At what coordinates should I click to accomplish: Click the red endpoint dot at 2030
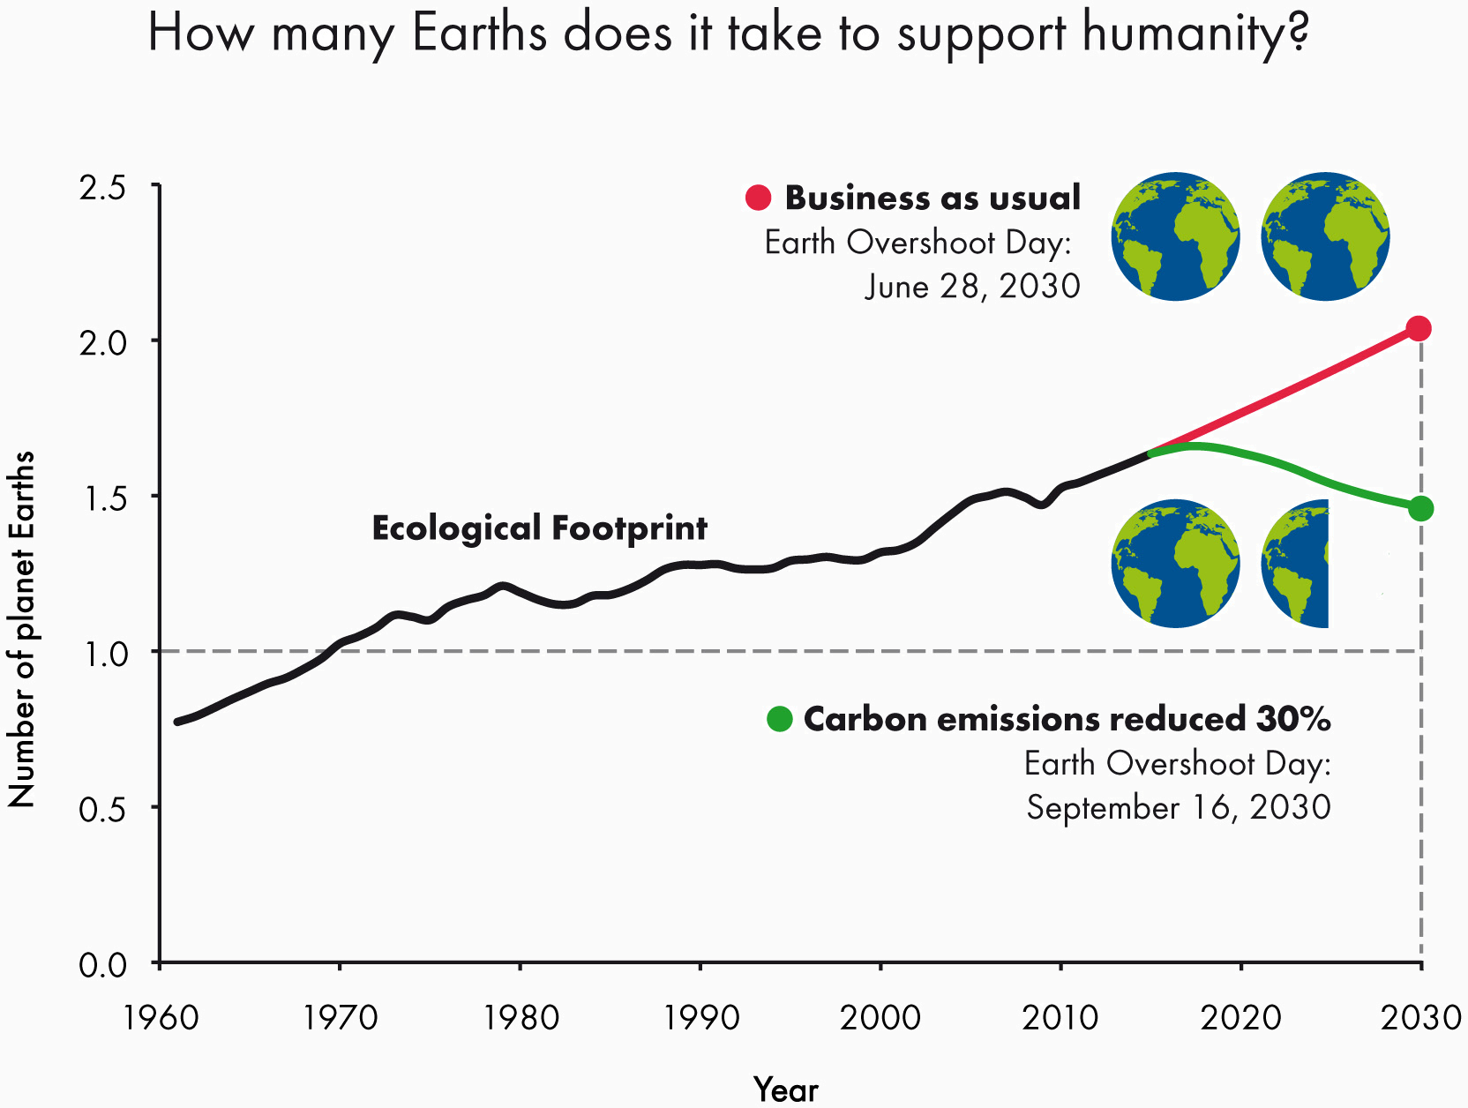(x=1419, y=328)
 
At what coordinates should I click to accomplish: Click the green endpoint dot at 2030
(x=1420, y=508)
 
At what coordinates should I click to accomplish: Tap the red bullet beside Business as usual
(x=758, y=198)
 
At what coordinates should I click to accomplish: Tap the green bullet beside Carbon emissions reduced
(x=780, y=719)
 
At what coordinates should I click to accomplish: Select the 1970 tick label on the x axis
(x=341, y=1018)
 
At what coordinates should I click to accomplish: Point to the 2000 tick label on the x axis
(x=880, y=1018)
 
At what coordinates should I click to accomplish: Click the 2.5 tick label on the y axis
(x=102, y=187)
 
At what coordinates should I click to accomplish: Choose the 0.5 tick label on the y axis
(x=102, y=809)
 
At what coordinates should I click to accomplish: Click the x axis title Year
(x=786, y=1090)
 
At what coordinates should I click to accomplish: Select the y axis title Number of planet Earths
(x=21, y=629)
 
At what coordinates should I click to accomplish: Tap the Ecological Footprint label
(x=539, y=528)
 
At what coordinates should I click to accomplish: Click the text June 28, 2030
(x=972, y=286)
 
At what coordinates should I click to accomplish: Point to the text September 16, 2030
(x=1178, y=807)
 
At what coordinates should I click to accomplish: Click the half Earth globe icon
(x=1295, y=564)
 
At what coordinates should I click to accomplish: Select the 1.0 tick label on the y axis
(x=102, y=654)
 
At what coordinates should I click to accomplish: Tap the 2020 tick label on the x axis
(x=1240, y=1018)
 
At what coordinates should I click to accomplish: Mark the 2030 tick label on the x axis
(x=1420, y=1018)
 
